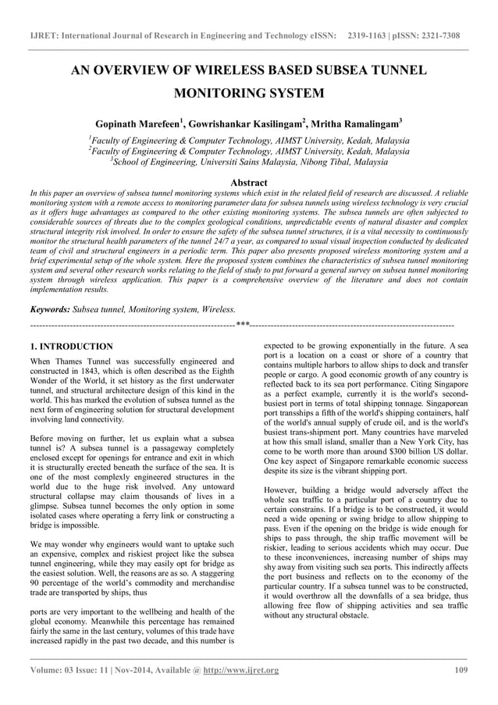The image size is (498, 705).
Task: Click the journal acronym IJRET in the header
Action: coord(45,36)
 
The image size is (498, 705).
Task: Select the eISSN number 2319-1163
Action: coord(371,36)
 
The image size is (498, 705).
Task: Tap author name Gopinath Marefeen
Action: coord(139,124)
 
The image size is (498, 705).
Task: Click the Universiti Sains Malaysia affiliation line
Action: coord(249,162)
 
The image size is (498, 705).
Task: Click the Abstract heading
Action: coord(248,181)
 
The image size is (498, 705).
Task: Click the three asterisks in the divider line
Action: coord(243,324)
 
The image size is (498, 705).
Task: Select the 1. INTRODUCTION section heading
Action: coord(70,346)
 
